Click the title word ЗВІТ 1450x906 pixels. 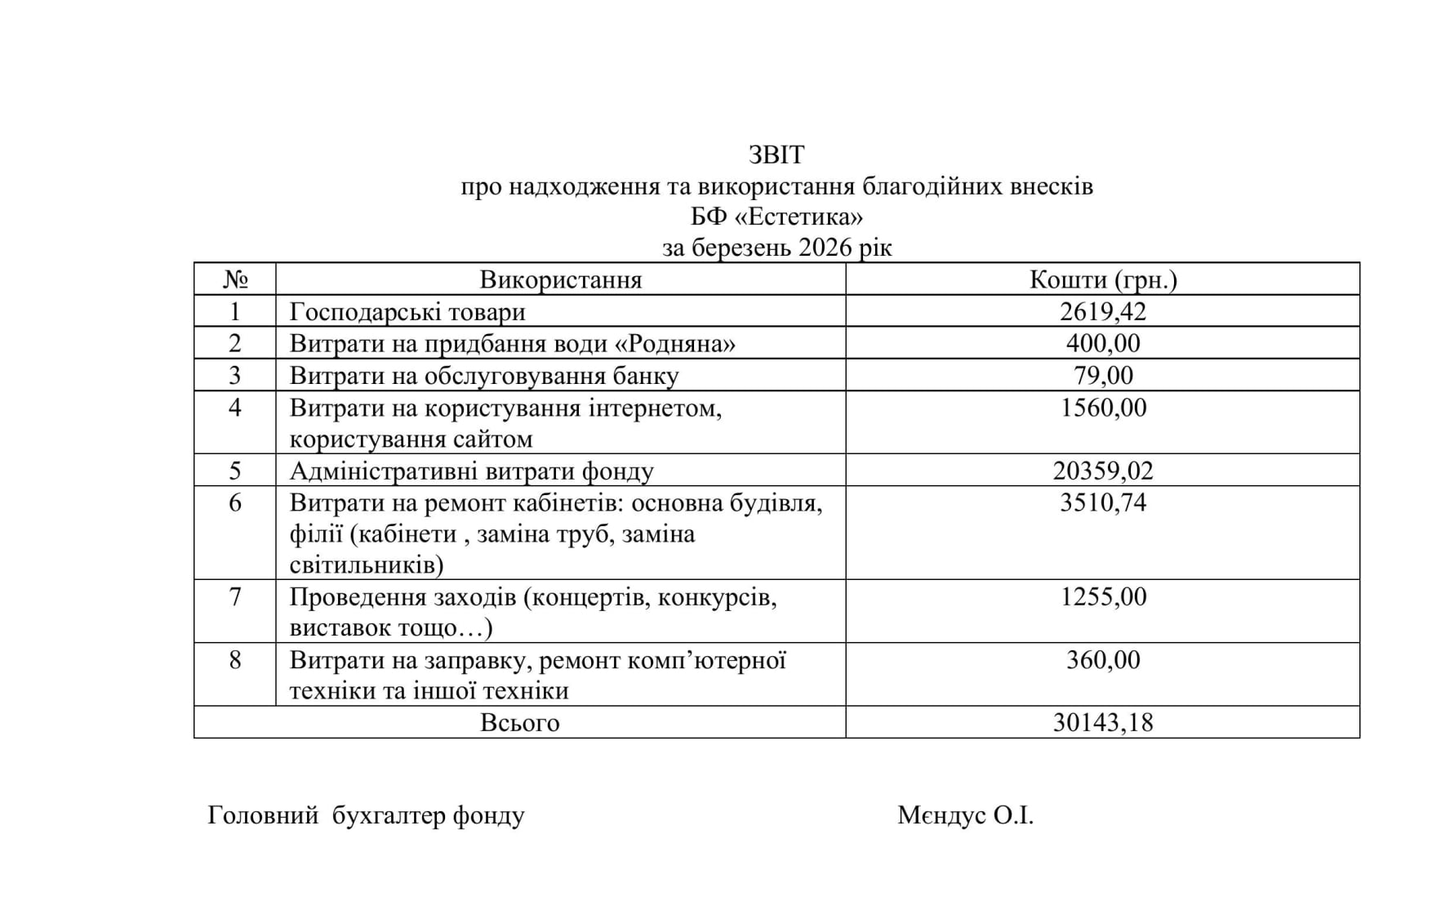pos(776,154)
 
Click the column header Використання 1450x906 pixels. pos(560,279)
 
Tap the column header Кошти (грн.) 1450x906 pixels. pos(1103,279)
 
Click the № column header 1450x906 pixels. pos(235,279)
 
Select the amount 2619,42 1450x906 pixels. pos(1103,311)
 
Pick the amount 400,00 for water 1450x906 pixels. pos(1103,343)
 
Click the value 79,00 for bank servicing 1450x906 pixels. pos(1103,375)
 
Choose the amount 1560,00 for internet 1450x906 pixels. pos(1103,407)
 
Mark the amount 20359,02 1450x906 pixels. pos(1103,471)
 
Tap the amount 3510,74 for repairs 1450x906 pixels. pos(1103,502)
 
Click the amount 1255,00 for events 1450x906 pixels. pos(1103,596)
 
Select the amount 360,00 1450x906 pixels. pos(1103,659)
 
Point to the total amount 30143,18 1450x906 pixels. pos(1103,722)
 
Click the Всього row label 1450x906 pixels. pos(519,723)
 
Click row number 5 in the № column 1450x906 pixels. pos(235,471)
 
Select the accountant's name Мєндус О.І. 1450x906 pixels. pos(965,815)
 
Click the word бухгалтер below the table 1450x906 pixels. pos(389,815)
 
